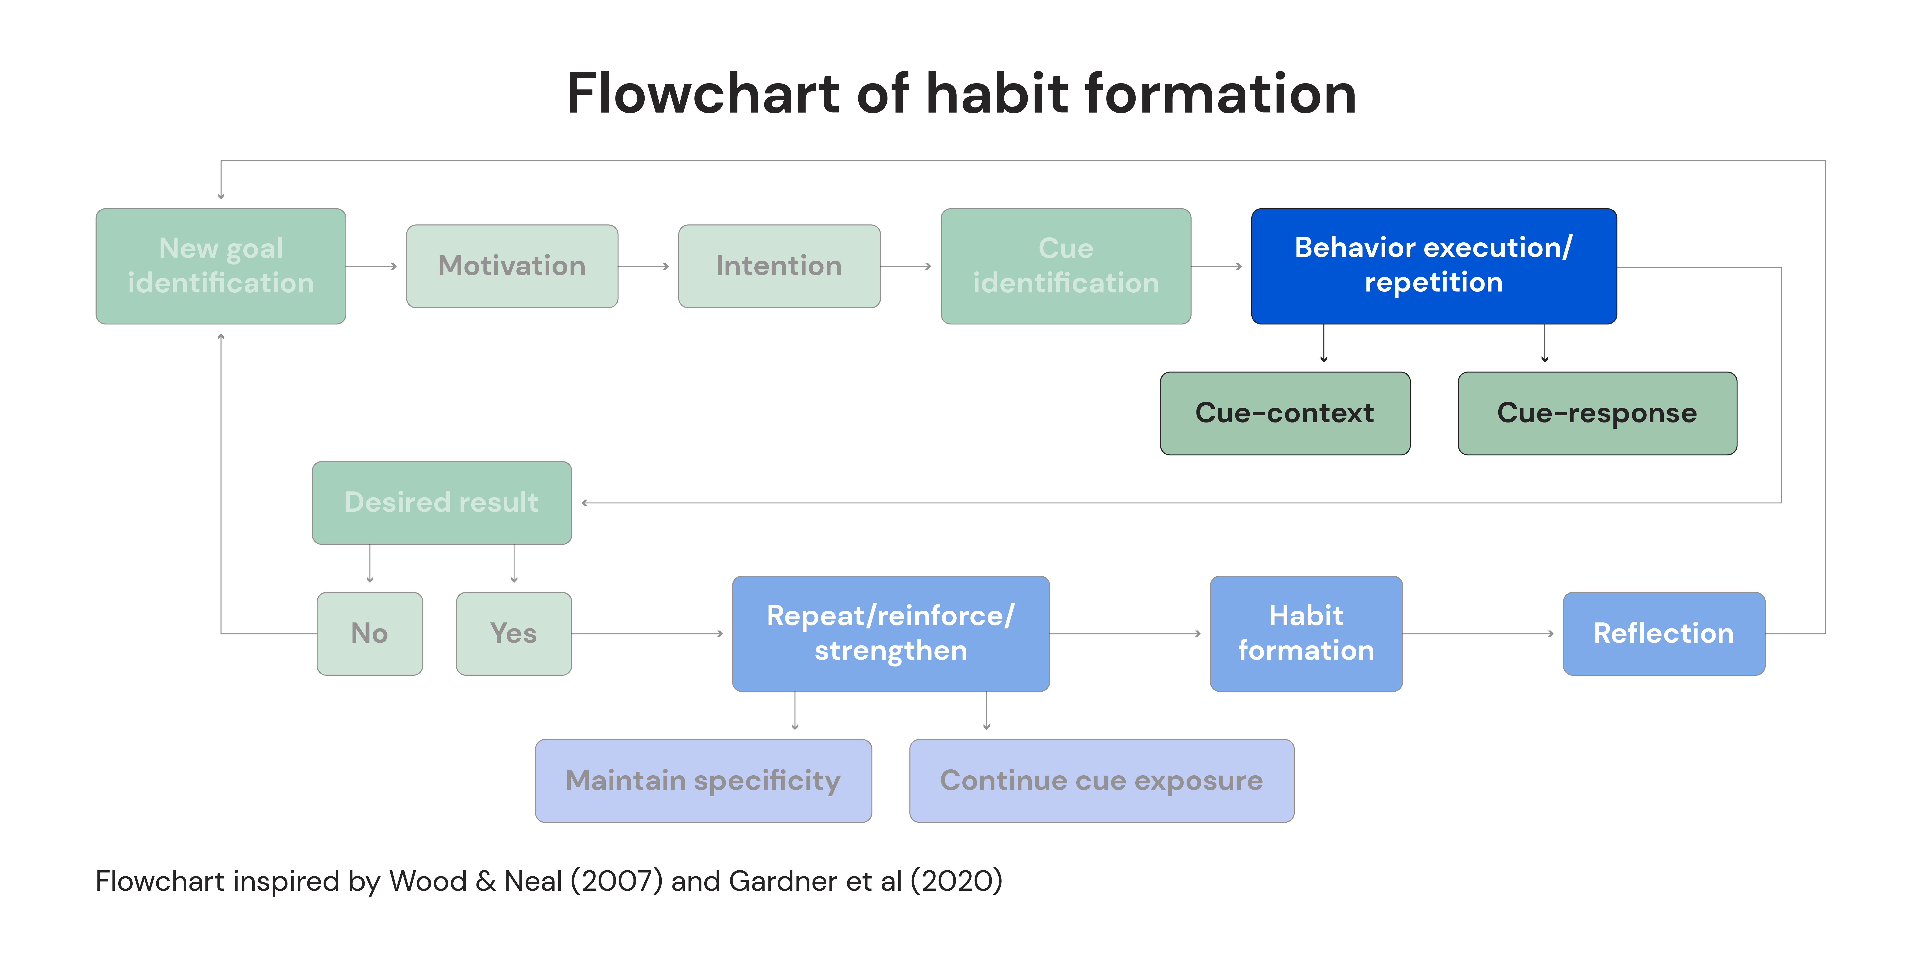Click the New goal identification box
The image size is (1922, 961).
pyautogui.click(x=221, y=266)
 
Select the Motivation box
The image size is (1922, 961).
pyautogui.click(x=512, y=266)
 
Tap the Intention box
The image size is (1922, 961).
pyautogui.click(x=779, y=266)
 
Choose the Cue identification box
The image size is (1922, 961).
pyautogui.click(x=1065, y=266)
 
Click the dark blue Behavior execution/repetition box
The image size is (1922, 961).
pyautogui.click(x=1434, y=266)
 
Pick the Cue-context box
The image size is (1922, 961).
pyautogui.click(x=1285, y=413)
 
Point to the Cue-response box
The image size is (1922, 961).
pyautogui.click(x=1598, y=413)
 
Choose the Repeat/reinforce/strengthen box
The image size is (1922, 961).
pyautogui.click(x=891, y=634)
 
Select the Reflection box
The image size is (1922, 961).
pyautogui.click(x=1664, y=634)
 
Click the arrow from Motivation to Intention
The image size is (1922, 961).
pyautogui.click(x=643, y=266)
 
